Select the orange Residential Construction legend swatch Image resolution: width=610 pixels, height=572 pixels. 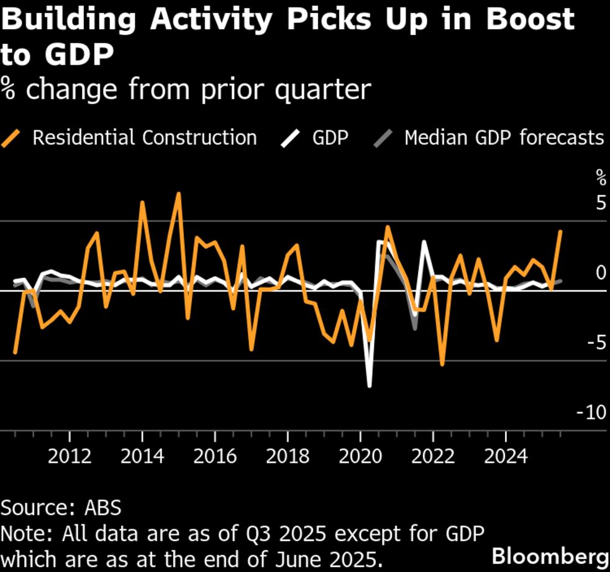click(13, 137)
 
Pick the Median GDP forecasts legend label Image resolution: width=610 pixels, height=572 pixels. click(504, 137)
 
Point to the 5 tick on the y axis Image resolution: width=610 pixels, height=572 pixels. click(600, 203)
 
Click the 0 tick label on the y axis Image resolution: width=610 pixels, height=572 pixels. click(600, 273)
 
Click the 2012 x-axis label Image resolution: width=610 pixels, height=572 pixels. click(70, 457)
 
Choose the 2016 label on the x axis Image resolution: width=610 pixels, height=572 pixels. click(215, 457)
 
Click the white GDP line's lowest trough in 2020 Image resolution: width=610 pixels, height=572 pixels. click(370, 386)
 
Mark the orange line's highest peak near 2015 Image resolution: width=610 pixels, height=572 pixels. click(179, 194)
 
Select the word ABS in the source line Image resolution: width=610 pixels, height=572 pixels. click(102, 507)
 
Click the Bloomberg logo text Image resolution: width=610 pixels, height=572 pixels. click(549, 555)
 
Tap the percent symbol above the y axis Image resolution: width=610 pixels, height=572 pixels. click(601, 178)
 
